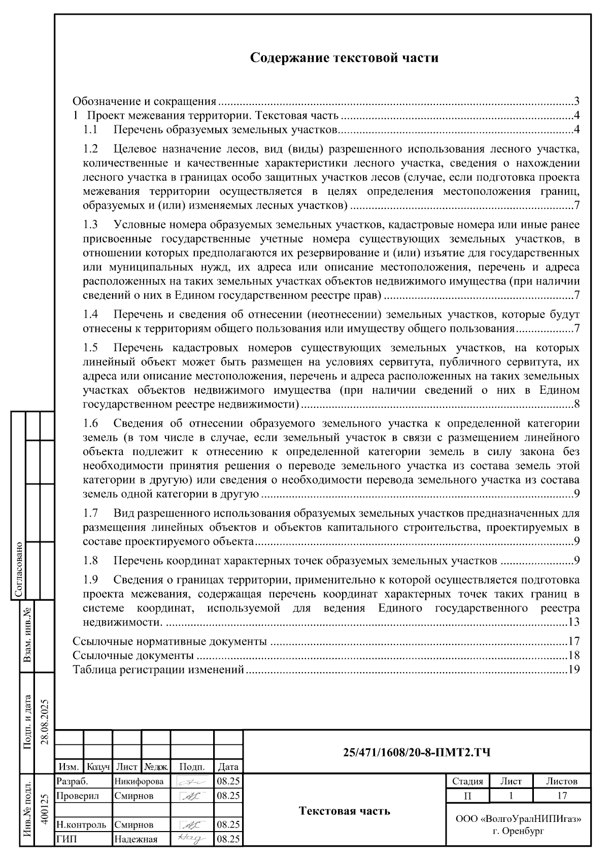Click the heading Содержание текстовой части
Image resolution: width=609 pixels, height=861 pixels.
click(345, 58)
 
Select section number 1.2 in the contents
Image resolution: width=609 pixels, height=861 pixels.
click(90, 149)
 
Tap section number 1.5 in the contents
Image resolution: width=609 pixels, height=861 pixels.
click(90, 349)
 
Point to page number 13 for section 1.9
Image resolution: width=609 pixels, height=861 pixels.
click(574, 622)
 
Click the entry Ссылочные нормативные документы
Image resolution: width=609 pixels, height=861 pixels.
click(170, 641)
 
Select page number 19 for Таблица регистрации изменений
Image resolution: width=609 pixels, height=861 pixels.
click(574, 670)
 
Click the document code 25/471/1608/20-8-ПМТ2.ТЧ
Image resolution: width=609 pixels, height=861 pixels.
click(417, 752)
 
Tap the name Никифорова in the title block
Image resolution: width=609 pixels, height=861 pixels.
click(139, 781)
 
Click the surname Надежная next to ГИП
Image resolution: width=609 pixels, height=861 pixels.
click(136, 839)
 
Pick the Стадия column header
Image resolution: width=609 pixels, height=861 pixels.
click(467, 781)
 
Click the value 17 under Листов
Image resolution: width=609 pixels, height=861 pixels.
click(561, 796)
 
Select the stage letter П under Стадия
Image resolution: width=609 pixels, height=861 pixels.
click(467, 796)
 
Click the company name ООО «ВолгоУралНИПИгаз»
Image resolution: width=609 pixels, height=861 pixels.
click(518, 819)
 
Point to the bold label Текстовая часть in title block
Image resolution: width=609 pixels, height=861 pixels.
click(345, 811)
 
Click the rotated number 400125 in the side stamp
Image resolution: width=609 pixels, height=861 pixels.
click(45, 811)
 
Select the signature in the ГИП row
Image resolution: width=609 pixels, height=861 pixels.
click(191, 839)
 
